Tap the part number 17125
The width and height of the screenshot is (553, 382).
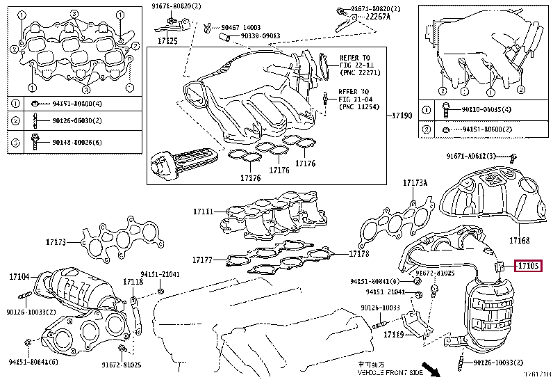click(167, 41)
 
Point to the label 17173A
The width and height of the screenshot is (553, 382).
click(415, 184)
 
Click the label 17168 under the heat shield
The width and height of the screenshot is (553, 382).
click(519, 241)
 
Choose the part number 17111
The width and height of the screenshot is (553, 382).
click(204, 211)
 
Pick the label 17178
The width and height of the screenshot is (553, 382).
click(359, 254)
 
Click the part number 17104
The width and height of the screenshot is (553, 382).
click(19, 277)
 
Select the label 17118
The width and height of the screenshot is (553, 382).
click(133, 282)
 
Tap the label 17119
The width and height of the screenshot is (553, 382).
click(393, 335)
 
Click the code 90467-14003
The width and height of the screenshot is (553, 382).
click(241, 27)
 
